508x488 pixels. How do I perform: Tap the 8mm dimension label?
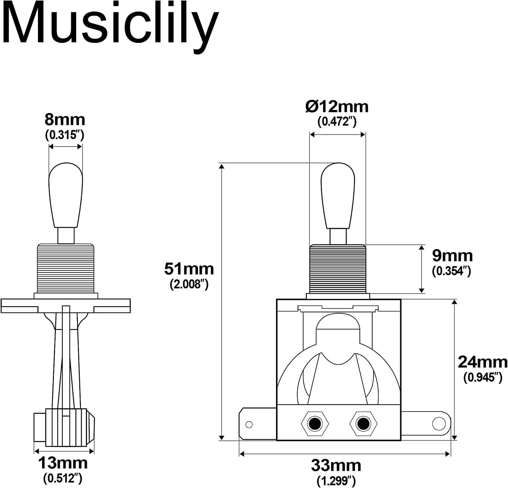pos(65,120)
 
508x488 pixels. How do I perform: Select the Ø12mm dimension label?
pos(337,107)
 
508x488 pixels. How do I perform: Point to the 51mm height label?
pos(189,269)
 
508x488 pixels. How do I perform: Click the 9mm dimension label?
pos(452,256)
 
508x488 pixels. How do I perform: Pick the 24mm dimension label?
pos(483,362)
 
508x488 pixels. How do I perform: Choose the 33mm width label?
pos(336,466)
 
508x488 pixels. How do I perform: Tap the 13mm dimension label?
pos(63,463)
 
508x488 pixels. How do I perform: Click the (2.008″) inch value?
pos(189,284)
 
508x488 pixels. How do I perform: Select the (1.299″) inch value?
pos(336,481)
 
